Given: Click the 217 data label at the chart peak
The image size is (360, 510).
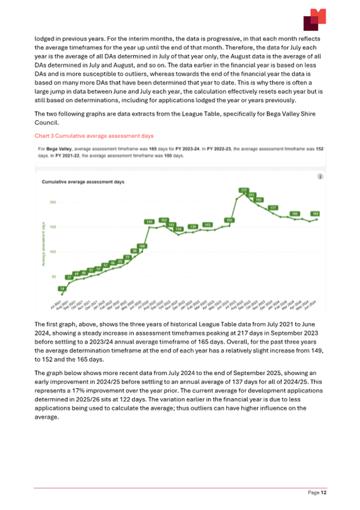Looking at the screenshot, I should coord(244,190).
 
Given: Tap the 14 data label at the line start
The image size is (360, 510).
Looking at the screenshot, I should coord(61,288).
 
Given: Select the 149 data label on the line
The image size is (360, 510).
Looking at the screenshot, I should coord(150,221).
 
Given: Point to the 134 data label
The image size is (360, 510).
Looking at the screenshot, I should coord(179,229).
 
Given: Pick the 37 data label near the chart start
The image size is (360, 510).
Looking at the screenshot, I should coord(69,278).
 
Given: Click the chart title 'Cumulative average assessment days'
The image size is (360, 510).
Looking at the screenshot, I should coord(83,182).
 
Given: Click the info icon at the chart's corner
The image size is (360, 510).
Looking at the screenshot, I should coord(319,176).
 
